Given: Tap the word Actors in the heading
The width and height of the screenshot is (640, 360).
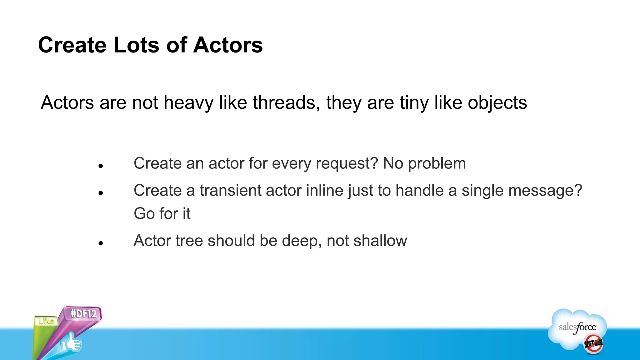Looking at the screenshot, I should click(x=228, y=45).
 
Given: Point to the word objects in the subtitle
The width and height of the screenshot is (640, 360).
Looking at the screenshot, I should click(x=497, y=102).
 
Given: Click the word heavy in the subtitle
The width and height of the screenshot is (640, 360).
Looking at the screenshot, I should click(x=188, y=102).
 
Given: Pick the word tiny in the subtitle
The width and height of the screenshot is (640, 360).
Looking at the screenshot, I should click(x=414, y=102).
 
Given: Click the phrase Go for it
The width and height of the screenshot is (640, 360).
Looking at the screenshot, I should click(x=162, y=214).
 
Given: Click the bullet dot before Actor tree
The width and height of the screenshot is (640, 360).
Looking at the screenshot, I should click(x=100, y=243).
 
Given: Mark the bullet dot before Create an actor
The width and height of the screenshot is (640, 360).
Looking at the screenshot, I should click(x=100, y=166).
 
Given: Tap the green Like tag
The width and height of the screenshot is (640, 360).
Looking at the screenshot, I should click(x=46, y=321).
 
